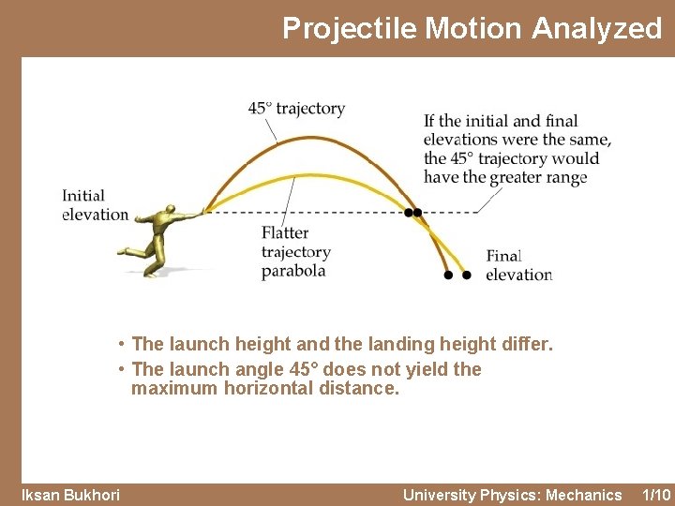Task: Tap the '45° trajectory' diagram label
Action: click(296, 109)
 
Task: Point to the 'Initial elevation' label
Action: click(94, 205)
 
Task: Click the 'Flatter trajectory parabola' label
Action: click(295, 252)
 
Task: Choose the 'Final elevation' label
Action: click(518, 265)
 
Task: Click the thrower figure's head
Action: click(169, 209)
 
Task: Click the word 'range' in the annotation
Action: click(567, 177)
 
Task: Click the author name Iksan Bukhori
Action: click(70, 495)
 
